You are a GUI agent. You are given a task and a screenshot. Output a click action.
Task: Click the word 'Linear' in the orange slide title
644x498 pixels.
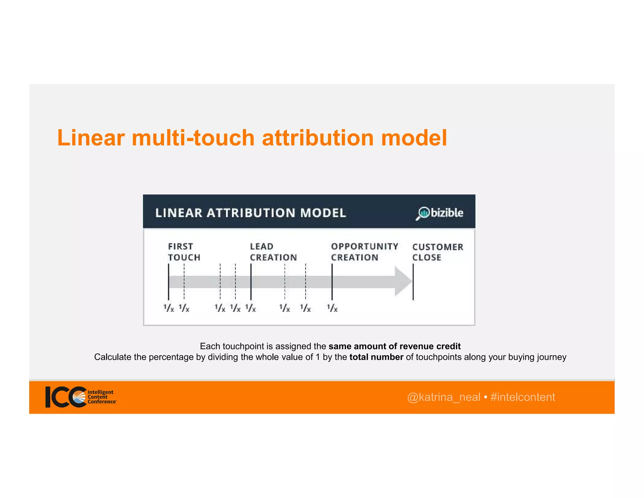pos(91,138)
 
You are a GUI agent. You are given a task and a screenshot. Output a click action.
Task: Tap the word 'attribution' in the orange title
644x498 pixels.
pos(318,138)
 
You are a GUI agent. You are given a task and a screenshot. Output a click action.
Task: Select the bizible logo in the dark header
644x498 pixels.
pos(440,213)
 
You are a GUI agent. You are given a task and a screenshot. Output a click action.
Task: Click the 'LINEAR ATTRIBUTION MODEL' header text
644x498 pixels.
pos(251,213)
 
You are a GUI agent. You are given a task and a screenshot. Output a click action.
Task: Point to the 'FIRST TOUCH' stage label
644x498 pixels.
pos(184,252)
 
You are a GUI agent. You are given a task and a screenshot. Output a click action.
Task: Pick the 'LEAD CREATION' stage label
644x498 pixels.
pos(273,252)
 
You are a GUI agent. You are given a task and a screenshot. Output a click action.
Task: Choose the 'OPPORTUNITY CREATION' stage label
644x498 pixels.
pos(364,252)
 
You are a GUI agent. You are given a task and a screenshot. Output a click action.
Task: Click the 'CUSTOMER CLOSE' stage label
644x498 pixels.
pos(437,252)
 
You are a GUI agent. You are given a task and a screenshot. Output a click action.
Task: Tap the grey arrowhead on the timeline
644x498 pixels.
pos(403,281)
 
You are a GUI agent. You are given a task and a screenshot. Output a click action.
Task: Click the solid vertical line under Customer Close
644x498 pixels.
pos(413,282)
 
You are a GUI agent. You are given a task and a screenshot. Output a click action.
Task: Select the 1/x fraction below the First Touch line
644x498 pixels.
pos(169,308)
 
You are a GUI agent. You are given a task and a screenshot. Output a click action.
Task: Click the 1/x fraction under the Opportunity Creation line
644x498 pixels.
pos(332,308)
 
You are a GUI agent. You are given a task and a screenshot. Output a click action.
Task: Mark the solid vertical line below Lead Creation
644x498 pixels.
pos(251,282)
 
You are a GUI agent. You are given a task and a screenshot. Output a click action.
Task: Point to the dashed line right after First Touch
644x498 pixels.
pos(184,282)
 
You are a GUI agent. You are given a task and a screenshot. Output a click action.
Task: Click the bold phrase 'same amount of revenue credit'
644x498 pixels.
pos(394,346)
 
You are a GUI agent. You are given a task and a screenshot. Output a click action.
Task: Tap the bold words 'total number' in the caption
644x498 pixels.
pos(376,357)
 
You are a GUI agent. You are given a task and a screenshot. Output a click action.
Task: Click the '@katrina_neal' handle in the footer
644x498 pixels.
pos(443,397)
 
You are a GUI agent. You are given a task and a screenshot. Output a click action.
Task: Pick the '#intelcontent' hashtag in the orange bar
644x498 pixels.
pos(523,397)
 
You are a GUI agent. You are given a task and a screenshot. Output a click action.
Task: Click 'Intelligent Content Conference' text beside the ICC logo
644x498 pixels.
pos(101,397)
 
